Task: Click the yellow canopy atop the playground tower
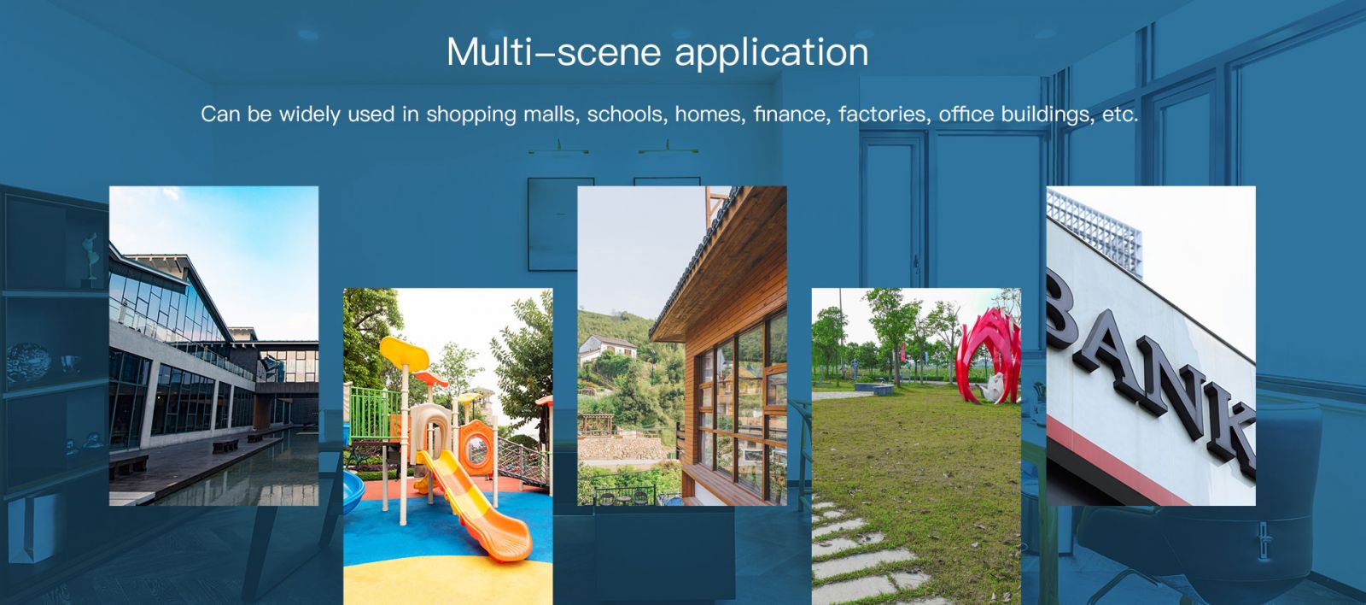404,352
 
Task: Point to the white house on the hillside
606,348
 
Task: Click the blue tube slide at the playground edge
353,490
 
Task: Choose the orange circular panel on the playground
477,448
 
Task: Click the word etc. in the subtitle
1120,115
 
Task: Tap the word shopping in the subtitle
470,115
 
